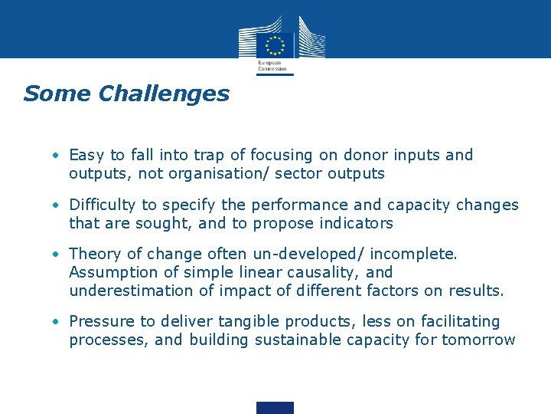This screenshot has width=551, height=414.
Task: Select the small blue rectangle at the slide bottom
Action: pos(275,407)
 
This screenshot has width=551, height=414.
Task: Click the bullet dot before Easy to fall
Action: pos(57,155)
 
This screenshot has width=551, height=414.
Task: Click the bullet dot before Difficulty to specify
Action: pos(57,205)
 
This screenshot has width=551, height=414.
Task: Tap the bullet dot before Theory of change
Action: pos(57,254)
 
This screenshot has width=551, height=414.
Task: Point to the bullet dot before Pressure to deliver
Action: pos(57,321)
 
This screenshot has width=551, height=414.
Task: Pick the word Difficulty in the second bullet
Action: pos(102,205)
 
